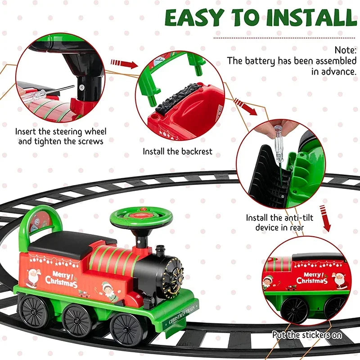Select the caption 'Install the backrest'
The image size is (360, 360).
click(x=177, y=152)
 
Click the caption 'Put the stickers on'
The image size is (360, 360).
click(x=307, y=335)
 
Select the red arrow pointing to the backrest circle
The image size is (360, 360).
click(x=123, y=63)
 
